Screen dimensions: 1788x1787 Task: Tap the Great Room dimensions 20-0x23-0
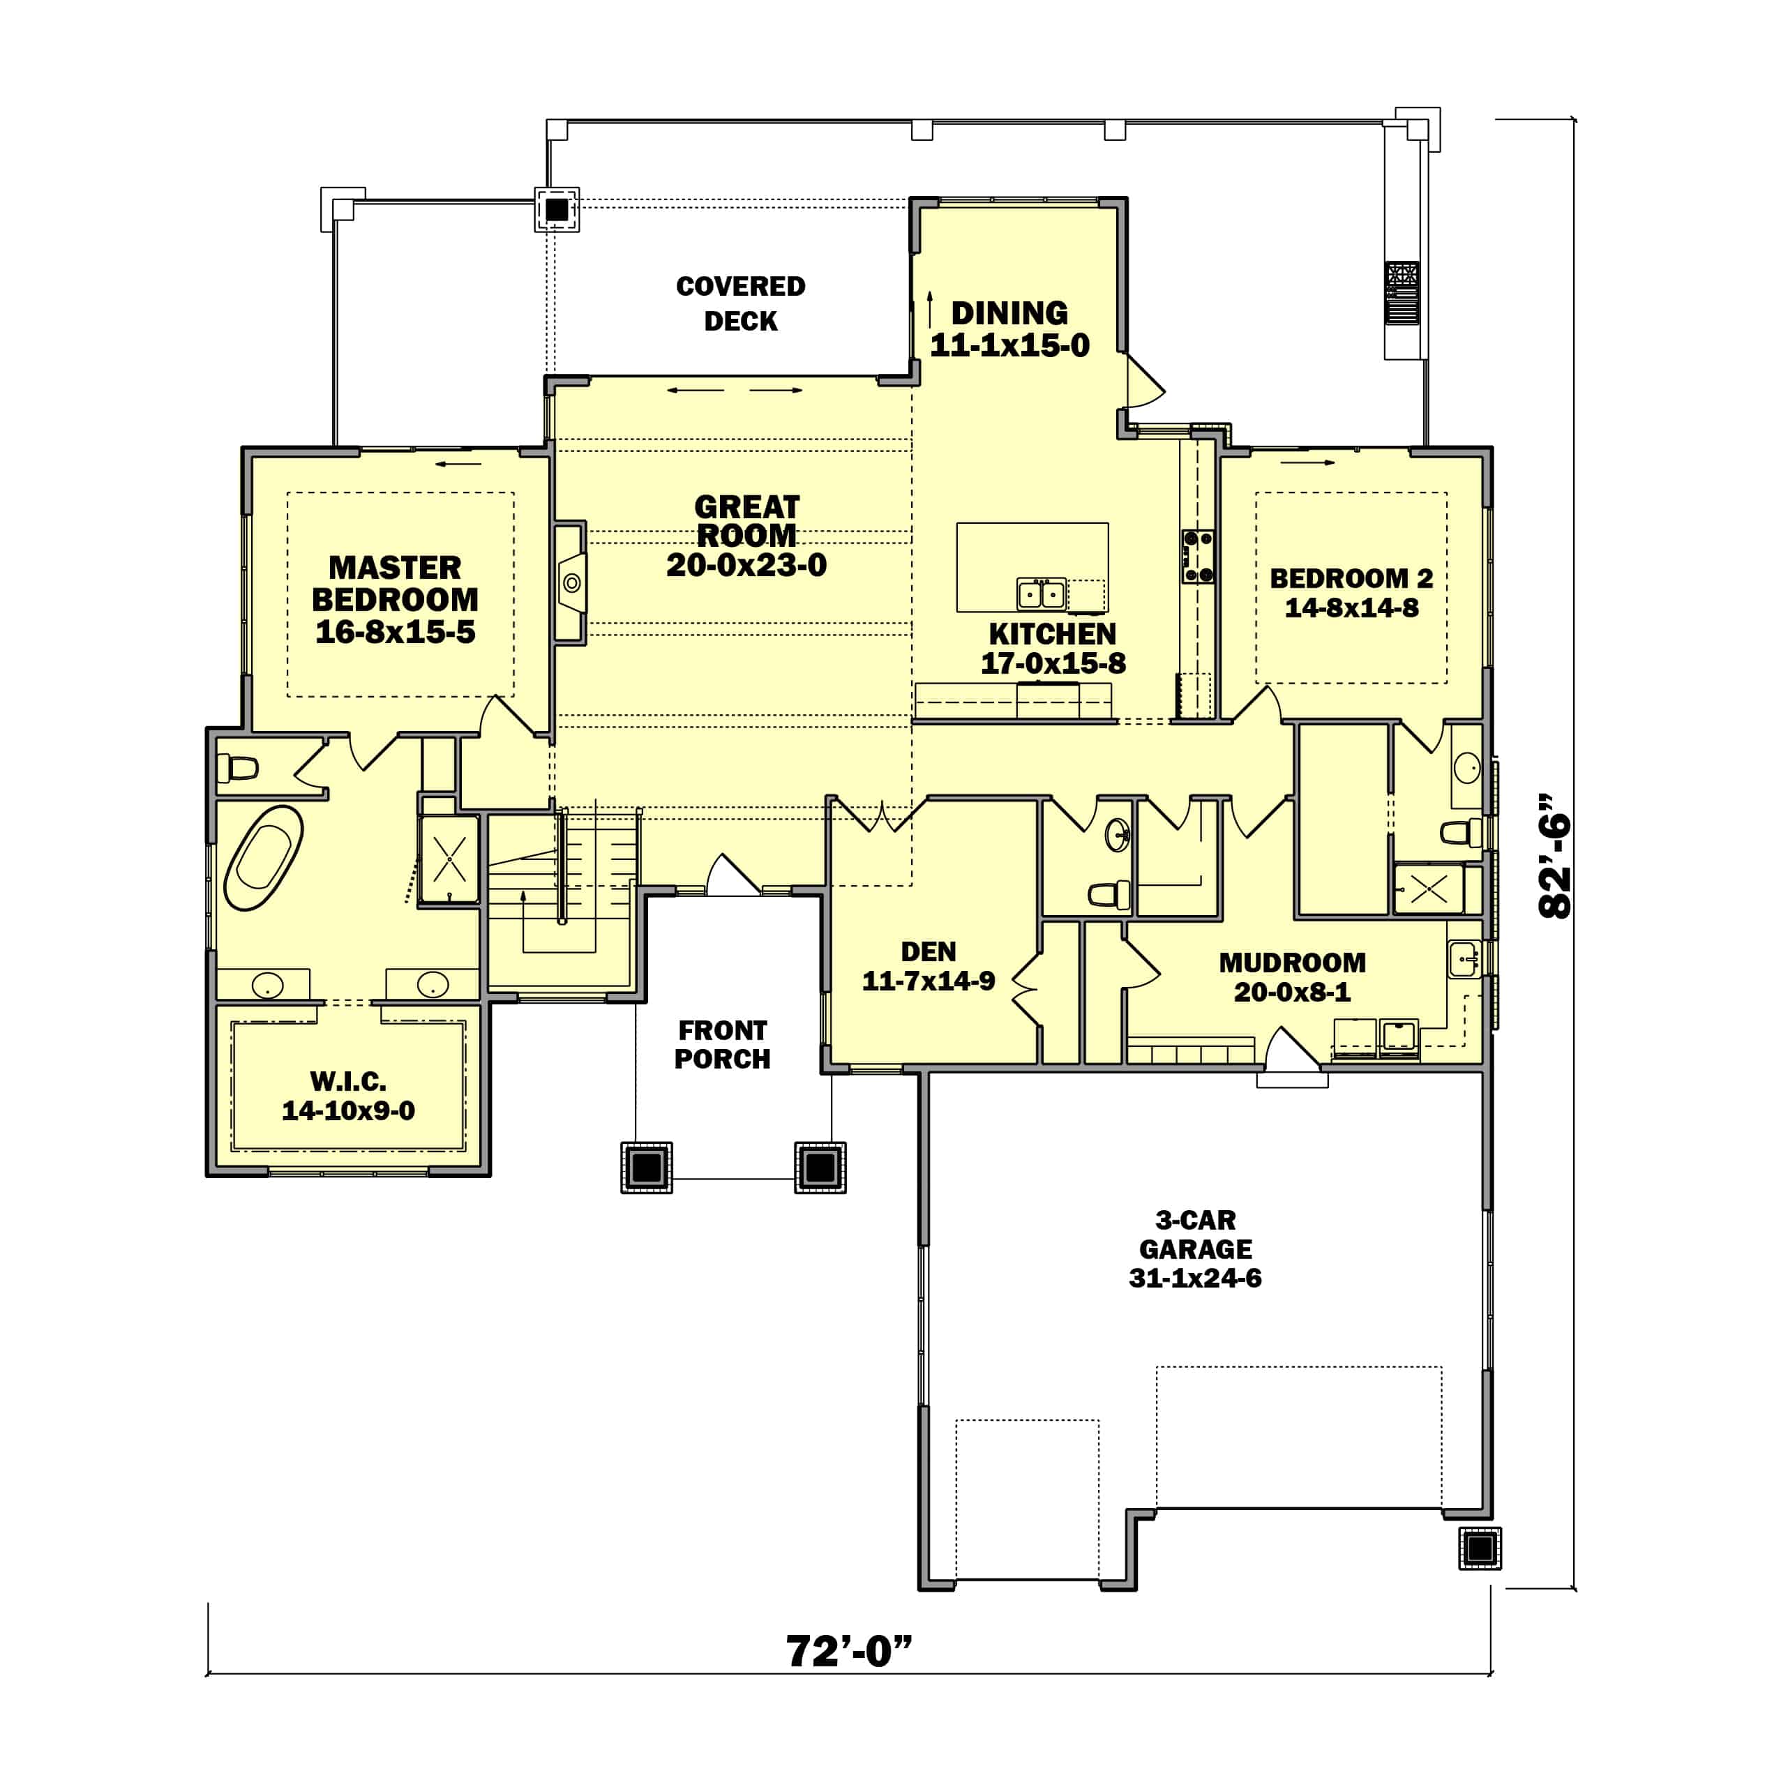[747, 564]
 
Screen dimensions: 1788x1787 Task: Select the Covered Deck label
[740, 303]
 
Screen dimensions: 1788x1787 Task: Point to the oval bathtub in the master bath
[264, 858]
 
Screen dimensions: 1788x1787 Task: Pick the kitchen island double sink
[1041, 593]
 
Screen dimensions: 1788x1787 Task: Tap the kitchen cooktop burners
[1198, 556]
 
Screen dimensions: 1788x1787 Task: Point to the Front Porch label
[722, 1044]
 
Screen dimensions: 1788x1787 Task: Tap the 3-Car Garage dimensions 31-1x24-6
[1195, 1278]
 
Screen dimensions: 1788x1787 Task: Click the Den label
[929, 951]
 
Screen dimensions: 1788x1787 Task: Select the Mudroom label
[1292, 963]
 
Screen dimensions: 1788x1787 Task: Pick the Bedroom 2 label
[1351, 578]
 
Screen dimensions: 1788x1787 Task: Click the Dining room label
[1009, 312]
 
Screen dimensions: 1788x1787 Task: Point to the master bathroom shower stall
[449, 859]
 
